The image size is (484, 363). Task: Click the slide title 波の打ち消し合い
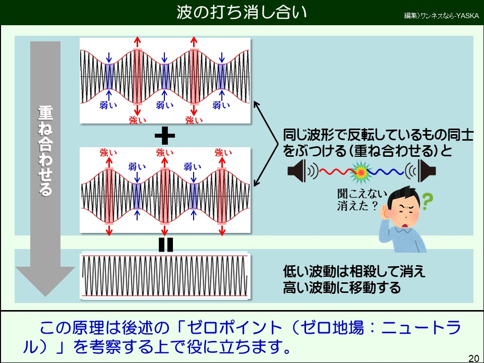tap(241, 13)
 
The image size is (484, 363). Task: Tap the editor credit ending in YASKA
tap(442, 16)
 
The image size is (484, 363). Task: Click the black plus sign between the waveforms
tap(164, 136)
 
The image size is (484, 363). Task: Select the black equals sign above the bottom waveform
tap(165, 245)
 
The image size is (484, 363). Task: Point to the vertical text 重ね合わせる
tap(45, 151)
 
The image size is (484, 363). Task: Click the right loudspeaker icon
tap(427, 171)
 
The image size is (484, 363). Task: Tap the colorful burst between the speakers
tap(360, 172)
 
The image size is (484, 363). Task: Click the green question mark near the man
tap(427, 201)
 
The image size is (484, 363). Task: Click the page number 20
tap(473, 358)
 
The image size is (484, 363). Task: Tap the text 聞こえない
tap(362, 194)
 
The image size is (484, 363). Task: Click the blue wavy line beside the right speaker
tap(386, 171)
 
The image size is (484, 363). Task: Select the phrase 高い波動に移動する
tap(342, 287)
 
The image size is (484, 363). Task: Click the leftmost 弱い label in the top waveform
tap(108, 105)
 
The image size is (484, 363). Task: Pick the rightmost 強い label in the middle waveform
tap(223, 152)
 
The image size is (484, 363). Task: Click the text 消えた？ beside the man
tap(357, 205)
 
